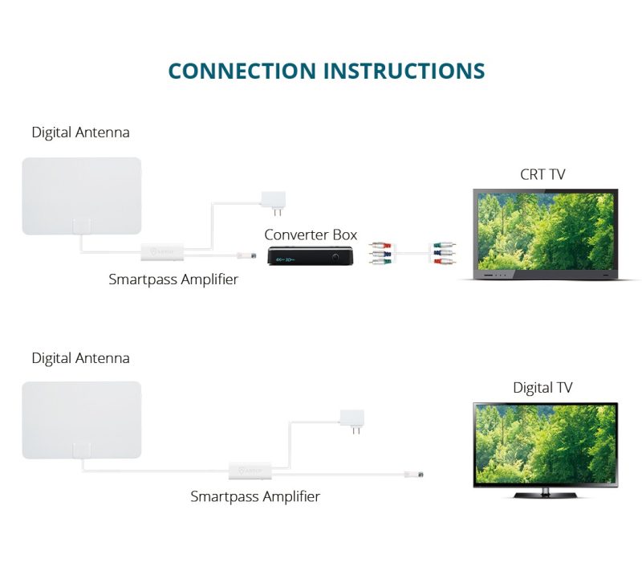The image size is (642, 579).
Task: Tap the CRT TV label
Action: pos(542,174)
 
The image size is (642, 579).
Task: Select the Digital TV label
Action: pos(542,388)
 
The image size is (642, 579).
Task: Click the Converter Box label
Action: pos(311,234)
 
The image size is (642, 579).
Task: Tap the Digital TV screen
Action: pos(546,443)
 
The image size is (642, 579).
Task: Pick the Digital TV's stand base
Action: pos(546,494)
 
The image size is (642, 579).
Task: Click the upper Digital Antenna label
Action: pos(80,133)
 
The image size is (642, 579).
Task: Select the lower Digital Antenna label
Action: pos(80,358)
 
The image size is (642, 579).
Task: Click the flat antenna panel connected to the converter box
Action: pos(82,196)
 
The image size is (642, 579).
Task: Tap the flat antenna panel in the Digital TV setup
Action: pos(82,420)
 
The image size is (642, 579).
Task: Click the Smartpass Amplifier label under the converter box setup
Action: pos(173,279)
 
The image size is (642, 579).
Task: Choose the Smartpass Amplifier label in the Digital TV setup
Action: pos(255,496)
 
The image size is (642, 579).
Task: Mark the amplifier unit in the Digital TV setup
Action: pos(248,470)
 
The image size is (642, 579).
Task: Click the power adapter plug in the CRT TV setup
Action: pos(273,201)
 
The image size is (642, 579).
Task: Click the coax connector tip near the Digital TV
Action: pos(417,475)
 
